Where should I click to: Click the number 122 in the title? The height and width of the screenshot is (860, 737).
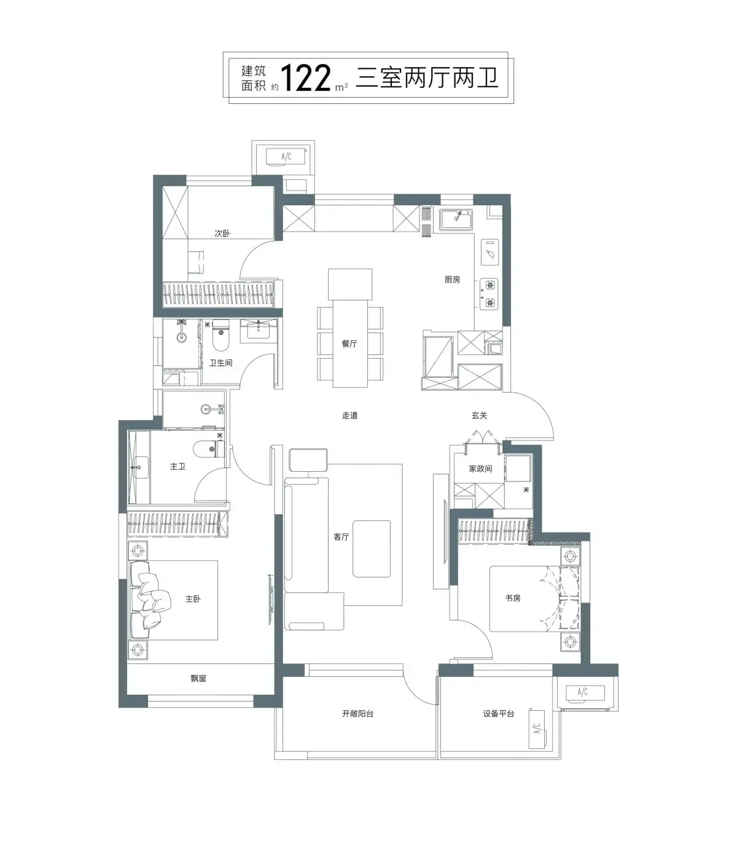pyautogui.click(x=306, y=78)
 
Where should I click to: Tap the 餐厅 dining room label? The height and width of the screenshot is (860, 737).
pyautogui.click(x=349, y=343)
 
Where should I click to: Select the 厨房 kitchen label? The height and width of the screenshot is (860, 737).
pyautogui.click(x=452, y=279)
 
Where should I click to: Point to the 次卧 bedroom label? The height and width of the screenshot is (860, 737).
pyautogui.click(x=222, y=233)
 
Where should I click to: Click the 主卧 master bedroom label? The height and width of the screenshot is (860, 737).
pyautogui.click(x=193, y=599)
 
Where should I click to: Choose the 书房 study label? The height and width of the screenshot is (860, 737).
pyautogui.click(x=513, y=598)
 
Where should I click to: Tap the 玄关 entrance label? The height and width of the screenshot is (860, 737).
pyautogui.click(x=479, y=415)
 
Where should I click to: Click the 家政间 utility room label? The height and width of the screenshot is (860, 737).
pyautogui.click(x=480, y=469)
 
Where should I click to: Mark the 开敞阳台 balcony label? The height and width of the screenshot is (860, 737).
pyautogui.click(x=357, y=714)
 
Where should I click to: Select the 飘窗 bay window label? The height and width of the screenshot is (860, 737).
pyautogui.click(x=198, y=678)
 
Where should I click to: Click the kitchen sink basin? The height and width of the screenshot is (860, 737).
pyautogui.click(x=456, y=220)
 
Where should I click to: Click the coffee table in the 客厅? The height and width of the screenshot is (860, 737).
pyautogui.click(x=372, y=549)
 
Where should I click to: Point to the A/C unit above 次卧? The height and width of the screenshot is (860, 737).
pyautogui.click(x=287, y=157)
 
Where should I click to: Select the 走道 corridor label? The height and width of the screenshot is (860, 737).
pyautogui.click(x=350, y=415)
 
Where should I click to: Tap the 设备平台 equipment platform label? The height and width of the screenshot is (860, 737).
pyautogui.click(x=499, y=714)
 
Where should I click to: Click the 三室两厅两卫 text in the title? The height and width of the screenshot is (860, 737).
pyautogui.click(x=427, y=78)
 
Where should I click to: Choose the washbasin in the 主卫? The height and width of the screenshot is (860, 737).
pyautogui.click(x=139, y=467)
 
